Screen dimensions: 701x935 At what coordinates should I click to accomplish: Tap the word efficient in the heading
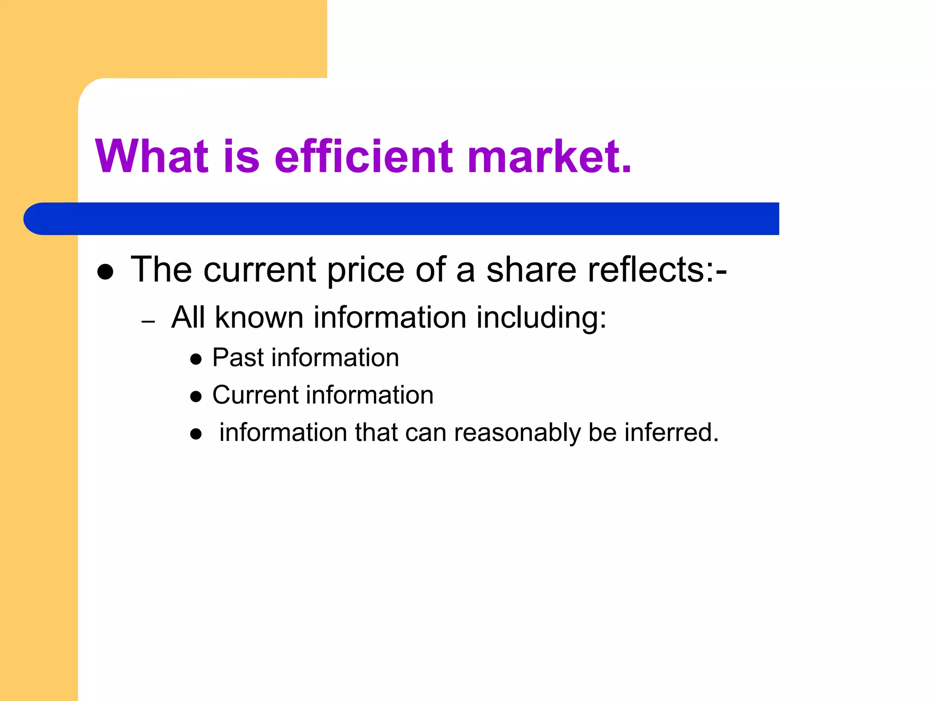pos(363,156)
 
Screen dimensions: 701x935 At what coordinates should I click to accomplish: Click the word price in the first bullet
pos(366,270)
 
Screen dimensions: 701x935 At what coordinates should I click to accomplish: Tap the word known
pos(259,317)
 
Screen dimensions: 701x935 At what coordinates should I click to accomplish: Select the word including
pos(541,318)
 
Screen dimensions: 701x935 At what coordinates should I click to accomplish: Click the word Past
pos(238,357)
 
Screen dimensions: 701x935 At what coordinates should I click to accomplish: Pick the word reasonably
pos(517,433)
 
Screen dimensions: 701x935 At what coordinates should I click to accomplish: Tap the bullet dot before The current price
pos(105,272)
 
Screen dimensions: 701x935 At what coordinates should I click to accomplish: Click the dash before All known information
pos(148,322)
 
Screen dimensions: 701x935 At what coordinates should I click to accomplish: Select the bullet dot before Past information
pos(196,360)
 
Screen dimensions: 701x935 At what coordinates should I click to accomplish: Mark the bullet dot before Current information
pos(196,397)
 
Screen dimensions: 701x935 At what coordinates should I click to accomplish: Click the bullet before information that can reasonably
pos(196,434)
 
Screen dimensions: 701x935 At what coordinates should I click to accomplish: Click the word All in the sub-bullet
pos(188,317)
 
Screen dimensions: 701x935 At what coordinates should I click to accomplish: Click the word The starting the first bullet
pos(161,270)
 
